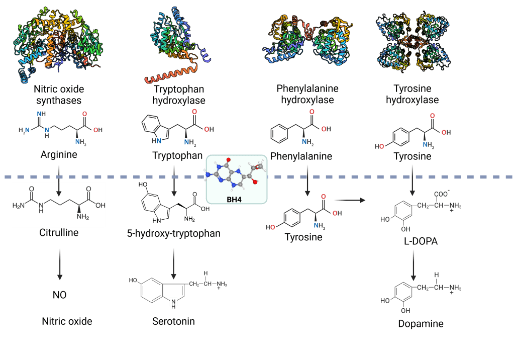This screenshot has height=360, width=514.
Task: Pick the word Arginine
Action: [x=59, y=154]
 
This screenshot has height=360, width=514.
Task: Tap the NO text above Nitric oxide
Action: [x=60, y=295]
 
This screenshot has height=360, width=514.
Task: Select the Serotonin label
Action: [x=173, y=321]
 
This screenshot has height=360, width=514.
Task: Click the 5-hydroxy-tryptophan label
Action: [x=173, y=233]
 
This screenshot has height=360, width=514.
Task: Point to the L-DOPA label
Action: [x=421, y=241]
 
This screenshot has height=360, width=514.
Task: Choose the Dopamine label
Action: [x=421, y=324]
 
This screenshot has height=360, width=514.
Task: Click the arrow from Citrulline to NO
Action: [x=60, y=264]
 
